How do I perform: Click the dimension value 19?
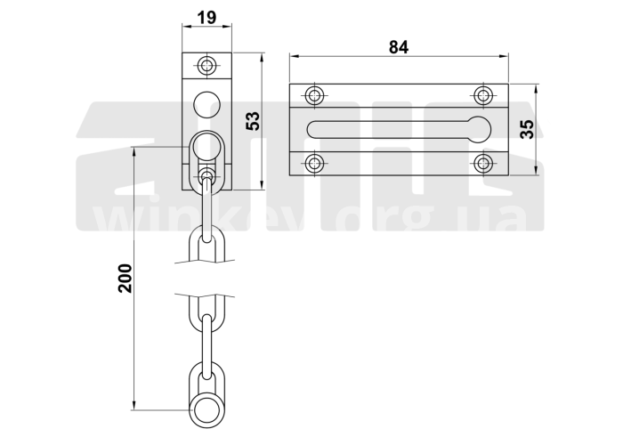(206, 18)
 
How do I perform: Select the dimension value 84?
(399, 47)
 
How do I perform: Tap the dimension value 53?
(253, 121)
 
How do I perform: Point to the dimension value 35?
(527, 129)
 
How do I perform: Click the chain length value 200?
(125, 278)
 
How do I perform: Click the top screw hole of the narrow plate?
(207, 65)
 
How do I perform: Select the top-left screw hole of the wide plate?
(315, 95)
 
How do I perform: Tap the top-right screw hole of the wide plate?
(483, 95)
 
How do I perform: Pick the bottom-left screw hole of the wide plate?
(315, 163)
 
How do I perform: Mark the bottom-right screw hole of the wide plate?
(483, 163)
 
